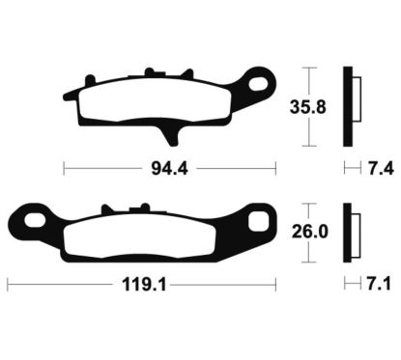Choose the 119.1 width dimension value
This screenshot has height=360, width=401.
tap(139, 286)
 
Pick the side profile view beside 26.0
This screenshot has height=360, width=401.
tap(352, 234)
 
